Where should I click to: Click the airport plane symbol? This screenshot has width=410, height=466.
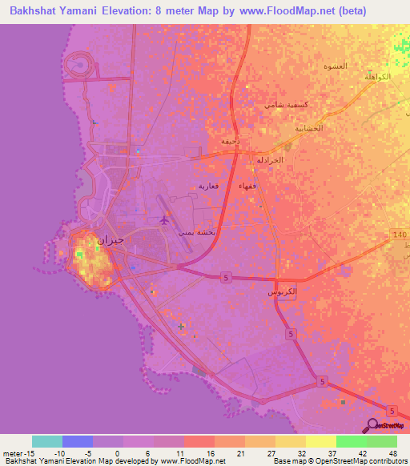165,219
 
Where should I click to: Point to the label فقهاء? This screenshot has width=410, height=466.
247,186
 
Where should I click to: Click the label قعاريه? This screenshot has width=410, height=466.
208,186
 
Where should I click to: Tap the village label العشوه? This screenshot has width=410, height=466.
335,66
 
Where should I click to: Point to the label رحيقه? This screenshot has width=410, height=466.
229,141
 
